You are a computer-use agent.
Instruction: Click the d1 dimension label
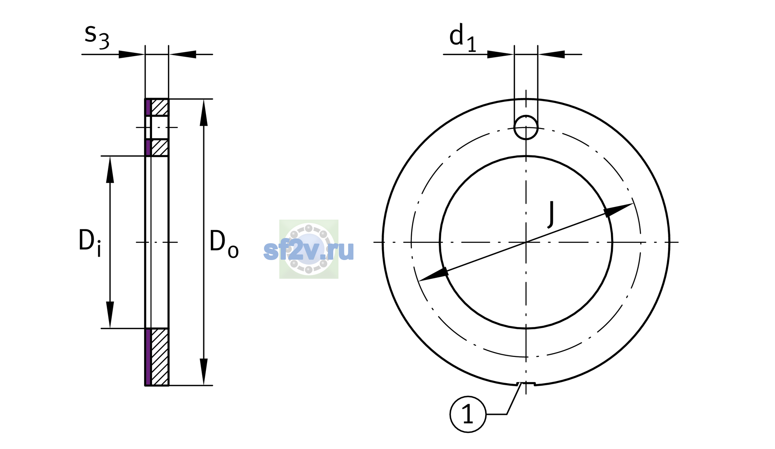coord(463,37)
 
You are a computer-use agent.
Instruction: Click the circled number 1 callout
coord(468,415)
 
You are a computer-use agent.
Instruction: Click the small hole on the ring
coord(526,128)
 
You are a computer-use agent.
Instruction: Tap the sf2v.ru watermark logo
coord(309,249)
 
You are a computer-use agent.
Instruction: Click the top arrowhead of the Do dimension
coord(204,113)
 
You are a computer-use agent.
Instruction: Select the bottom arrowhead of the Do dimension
coord(204,372)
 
